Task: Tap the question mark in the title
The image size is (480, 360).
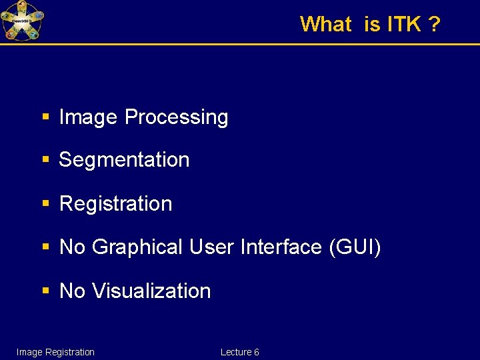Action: tap(434, 25)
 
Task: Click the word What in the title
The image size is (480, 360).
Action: tap(325, 25)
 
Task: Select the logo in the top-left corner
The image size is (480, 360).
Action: tap(23, 21)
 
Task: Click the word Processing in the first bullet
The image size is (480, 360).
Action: tap(177, 117)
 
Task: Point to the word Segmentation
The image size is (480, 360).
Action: tap(124, 160)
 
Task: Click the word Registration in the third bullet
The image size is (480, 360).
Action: tap(115, 204)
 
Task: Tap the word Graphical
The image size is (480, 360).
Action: tap(137, 247)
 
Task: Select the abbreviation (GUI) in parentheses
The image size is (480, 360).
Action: tap(355, 247)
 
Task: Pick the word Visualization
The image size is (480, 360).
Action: tap(151, 291)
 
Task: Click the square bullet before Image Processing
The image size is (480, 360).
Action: tap(45, 117)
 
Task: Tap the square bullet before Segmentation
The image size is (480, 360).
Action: tap(45, 160)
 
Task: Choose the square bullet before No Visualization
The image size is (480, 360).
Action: tap(45, 291)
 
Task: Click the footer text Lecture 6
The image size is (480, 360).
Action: tap(239, 352)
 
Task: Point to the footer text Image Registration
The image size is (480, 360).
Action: tap(55, 352)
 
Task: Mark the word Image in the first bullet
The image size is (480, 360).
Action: tap(89, 117)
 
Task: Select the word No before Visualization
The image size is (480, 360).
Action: tap(72, 291)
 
